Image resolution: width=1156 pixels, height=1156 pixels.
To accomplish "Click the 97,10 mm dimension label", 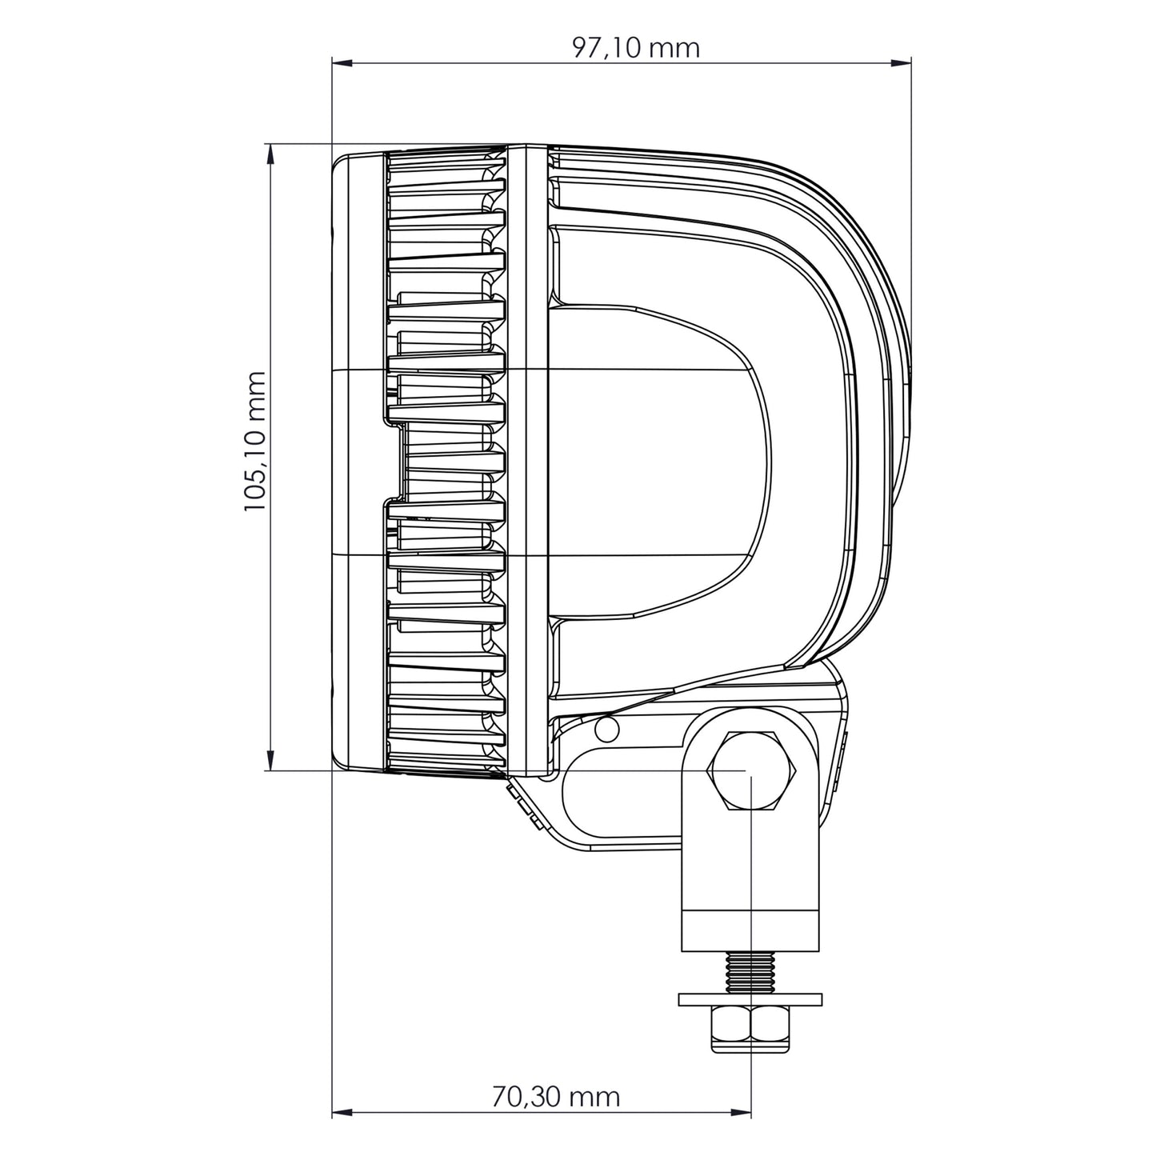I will (x=635, y=48).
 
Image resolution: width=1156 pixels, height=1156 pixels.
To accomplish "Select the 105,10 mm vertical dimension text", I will (x=254, y=442).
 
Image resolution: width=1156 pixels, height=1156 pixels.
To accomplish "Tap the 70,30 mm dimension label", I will (x=555, y=1096).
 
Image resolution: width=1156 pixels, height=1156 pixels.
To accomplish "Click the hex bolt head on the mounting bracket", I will (x=750, y=771).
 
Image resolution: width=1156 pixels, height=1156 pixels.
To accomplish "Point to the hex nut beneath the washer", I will (x=750, y=1030).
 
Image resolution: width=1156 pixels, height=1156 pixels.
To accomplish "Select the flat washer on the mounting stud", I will (x=750, y=999).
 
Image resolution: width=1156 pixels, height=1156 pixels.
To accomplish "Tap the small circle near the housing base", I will (x=607, y=728).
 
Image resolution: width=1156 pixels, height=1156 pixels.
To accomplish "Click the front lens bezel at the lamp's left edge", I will (x=358, y=460).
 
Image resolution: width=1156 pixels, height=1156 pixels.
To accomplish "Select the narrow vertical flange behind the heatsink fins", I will (x=527, y=460).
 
